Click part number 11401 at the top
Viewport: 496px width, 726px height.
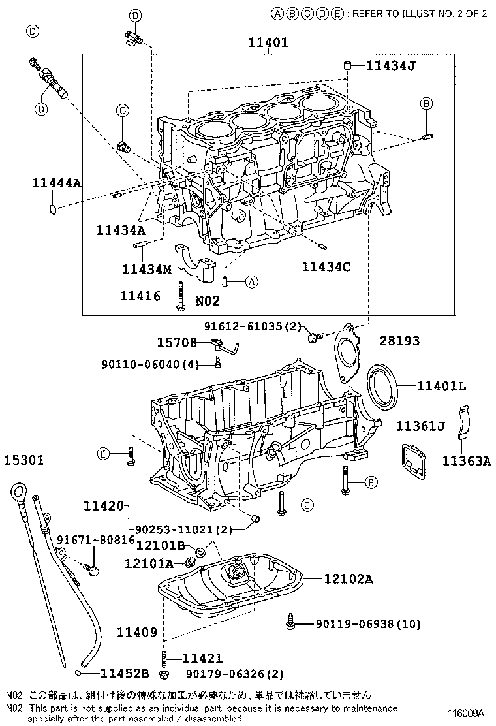click(x=268, y=43)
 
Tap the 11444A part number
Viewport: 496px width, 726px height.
click(x=57, y=183)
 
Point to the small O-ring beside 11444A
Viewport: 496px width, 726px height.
click(x=52, y=209)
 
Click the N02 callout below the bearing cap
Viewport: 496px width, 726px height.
click(x=208, y=301)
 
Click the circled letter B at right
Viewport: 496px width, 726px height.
click(x=426, y=103)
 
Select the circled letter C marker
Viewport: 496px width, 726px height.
click(x=122, y=111)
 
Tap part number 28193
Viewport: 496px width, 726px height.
click(x=399, y=341)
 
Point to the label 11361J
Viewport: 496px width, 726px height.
click(x=420, y=426)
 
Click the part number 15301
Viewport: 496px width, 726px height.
click(x=24, y=460)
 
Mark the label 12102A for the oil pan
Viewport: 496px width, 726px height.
click(x=339, y=578)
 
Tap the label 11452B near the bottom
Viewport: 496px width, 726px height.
click(x=124, y=673)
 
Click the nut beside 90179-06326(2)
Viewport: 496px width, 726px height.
click(x=165, y=674)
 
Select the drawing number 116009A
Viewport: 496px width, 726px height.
click(x=465, y=712)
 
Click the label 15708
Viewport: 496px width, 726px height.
click(x=176, y=342)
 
